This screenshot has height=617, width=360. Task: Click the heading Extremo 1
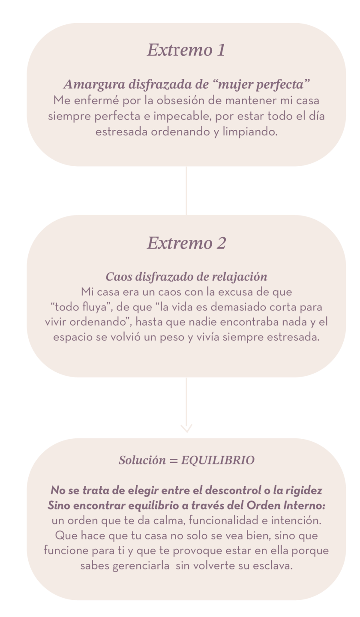[186, 50]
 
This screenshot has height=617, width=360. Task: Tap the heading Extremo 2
[186, 243]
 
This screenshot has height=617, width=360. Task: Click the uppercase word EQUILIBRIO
[218, 460]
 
